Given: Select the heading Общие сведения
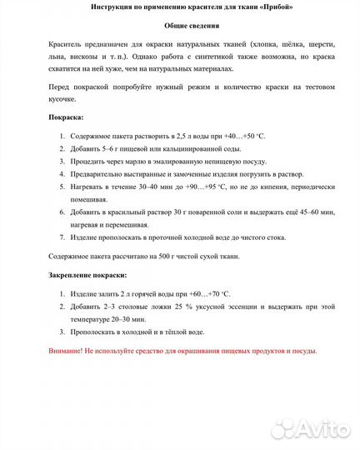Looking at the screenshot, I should click(180, 27).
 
